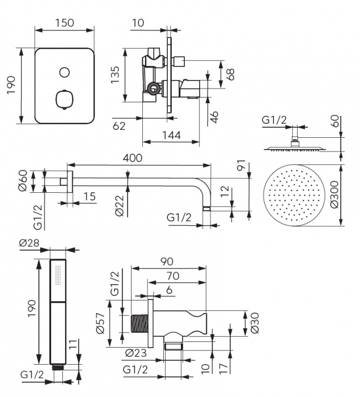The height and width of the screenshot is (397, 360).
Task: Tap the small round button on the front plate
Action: [64, 72]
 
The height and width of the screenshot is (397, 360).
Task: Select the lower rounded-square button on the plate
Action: [64, 100]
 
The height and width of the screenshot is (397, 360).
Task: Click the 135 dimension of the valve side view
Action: [116, 75]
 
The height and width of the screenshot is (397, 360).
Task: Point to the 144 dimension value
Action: [170, 135]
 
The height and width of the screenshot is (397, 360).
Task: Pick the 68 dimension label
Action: [230, 74]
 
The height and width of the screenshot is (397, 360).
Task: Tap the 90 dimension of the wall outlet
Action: [166, 261]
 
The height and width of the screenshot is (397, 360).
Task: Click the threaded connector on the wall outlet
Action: [138, 323]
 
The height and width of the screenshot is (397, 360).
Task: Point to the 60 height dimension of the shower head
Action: [334, 120]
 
